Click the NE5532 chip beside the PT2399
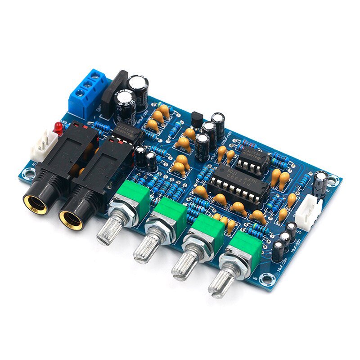(252, 159)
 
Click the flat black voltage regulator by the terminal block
(112, 94)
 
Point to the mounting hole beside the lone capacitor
(333, 181)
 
